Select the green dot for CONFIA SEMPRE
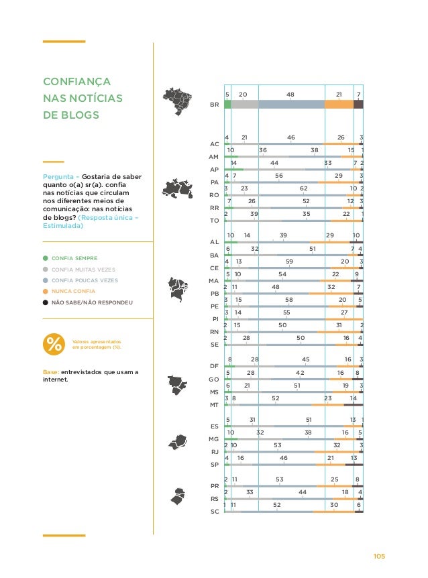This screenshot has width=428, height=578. pos(45,257)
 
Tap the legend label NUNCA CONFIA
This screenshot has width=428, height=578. pos(74,292)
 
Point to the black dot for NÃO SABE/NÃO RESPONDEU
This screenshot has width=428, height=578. pos(45,303)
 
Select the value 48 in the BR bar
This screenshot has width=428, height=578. pos(290,95)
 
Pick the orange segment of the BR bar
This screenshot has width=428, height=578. pos(339,104)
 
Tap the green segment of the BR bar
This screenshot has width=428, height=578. pos(227,104)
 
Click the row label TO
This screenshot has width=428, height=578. pos(215,220)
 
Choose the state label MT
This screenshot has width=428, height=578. pos(215,405)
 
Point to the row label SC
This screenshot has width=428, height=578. pos(215,512)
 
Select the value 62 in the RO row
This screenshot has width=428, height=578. pos(303,189)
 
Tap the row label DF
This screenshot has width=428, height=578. pos(215,365)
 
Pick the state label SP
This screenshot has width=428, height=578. pos(215,464)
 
